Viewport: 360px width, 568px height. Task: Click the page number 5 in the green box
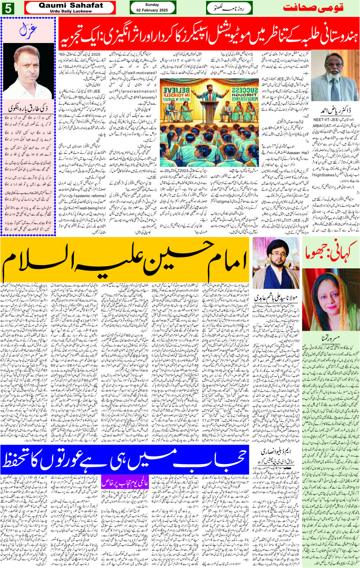pyautogui.click(x=8, y=8)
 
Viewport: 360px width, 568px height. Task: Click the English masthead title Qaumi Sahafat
pyautogui.click(x=70, y=5)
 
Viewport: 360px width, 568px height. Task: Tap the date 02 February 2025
pyautogui.click(x=152, y=10)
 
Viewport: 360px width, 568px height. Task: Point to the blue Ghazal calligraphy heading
pyautogui.click(x=28, y=30)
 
